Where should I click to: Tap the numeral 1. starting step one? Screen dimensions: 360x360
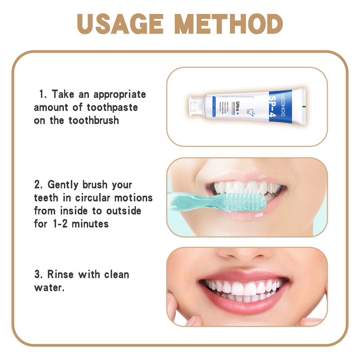43,94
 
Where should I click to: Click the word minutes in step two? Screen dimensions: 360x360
90,223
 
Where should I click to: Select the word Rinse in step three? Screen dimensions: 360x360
63,274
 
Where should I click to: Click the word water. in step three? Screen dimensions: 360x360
49,287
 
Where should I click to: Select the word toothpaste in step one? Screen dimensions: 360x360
112,108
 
